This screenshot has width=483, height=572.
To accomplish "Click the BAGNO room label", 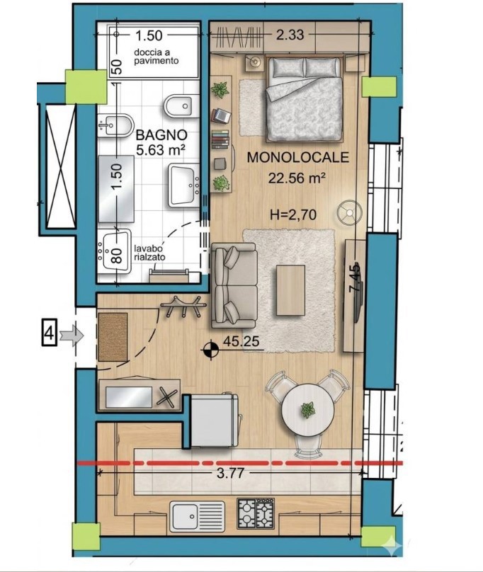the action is (161, 135).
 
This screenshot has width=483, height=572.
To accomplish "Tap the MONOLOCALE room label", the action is (298, 157).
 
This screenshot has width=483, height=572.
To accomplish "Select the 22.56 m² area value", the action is (297, 178).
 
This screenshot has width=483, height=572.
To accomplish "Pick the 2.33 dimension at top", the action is (290, 35).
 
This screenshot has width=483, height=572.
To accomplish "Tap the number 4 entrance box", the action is (50, 333).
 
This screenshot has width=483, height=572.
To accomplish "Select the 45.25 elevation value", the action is (241, 341).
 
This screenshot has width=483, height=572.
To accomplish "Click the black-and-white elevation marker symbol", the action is (210, 350).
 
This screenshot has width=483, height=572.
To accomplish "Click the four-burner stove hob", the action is (256, 513).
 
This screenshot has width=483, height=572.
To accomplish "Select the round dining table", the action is (308, 410).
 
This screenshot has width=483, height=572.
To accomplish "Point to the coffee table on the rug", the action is (290, 290).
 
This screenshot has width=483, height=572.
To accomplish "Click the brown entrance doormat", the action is (113, 337).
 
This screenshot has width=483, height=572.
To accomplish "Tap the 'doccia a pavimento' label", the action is (157, 56).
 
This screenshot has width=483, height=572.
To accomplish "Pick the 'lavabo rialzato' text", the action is (149, 253).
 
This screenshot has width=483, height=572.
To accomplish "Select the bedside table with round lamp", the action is (254, 62).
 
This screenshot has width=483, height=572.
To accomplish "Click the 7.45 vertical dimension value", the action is (355, 278).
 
